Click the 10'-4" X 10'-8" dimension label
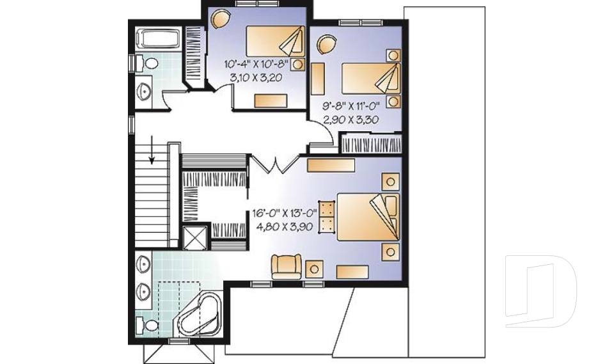tap(256, 64)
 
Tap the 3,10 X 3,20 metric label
tap(256, 77)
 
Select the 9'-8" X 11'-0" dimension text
tap(350, 106)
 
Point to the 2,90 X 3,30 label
tap(350, 120)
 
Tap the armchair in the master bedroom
tap(287, 266)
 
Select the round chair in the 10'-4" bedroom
tap(220, 18)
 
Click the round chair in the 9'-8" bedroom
tap(327, 44)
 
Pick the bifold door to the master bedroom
tap(276, 164)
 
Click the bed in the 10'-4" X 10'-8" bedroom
tap(275, 41)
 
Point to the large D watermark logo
tap(540, 291)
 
